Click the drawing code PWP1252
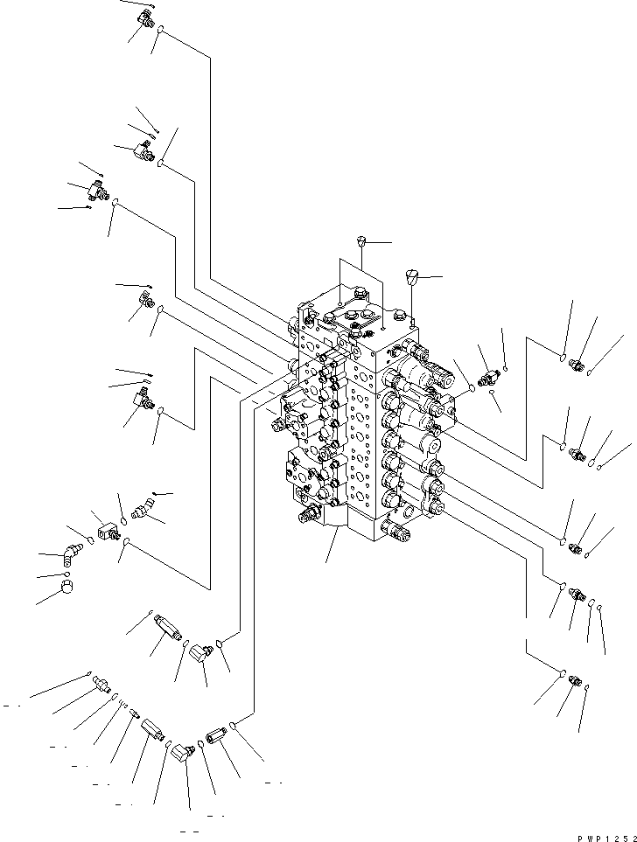607,838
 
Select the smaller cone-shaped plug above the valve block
361,240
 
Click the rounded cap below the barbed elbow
66,587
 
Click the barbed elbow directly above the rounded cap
70,554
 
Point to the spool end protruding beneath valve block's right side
396,528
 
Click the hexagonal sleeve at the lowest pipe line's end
216,734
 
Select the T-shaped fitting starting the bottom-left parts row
101,684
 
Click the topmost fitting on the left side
144,19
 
